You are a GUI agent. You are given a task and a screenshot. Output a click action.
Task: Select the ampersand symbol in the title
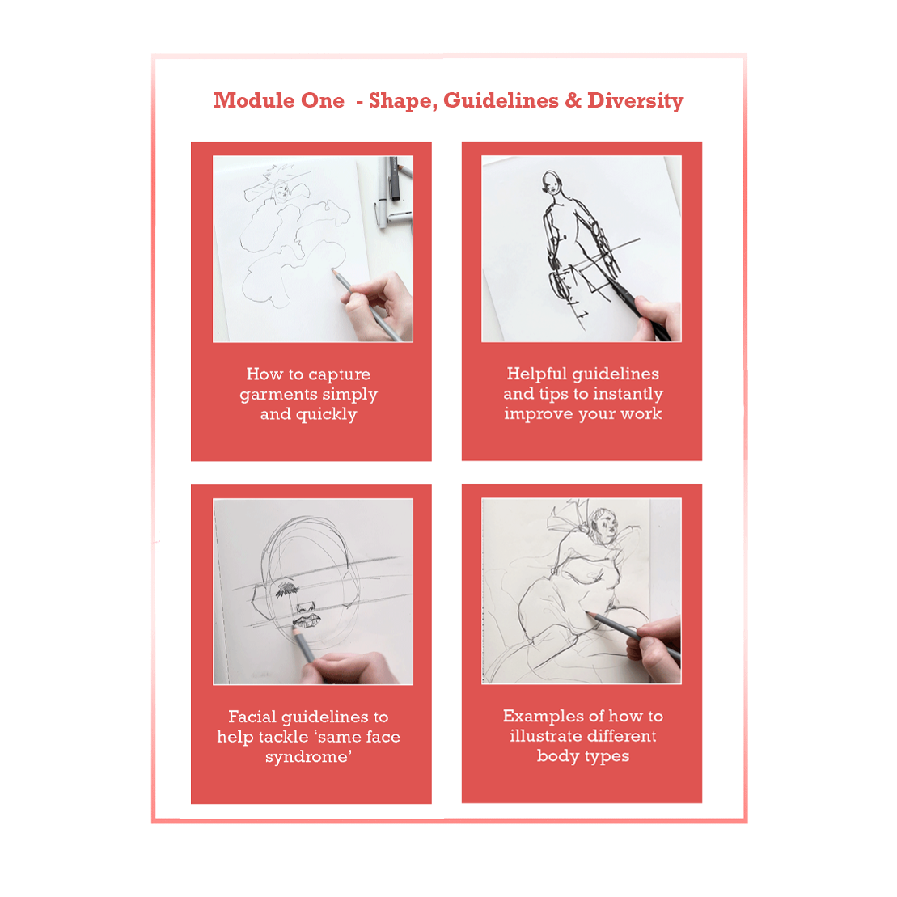pyautogui.click(x=573, y=100)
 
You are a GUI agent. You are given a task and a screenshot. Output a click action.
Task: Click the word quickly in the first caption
pyautogui.click(x=325, y=414)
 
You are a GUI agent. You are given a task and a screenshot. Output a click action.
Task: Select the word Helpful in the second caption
pyautogui.click(x=536, y=374)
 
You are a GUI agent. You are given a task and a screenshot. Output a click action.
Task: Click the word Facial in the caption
pyautogui.click(x=253, y=717)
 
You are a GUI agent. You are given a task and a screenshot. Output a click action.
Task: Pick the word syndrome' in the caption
pyautogui.click(x=308, y=757)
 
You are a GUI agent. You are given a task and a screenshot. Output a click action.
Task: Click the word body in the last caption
pyautogui.click(x=557, y=756)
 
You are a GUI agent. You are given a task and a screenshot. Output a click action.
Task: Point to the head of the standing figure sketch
pyautogui.click(x=552, y=181)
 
